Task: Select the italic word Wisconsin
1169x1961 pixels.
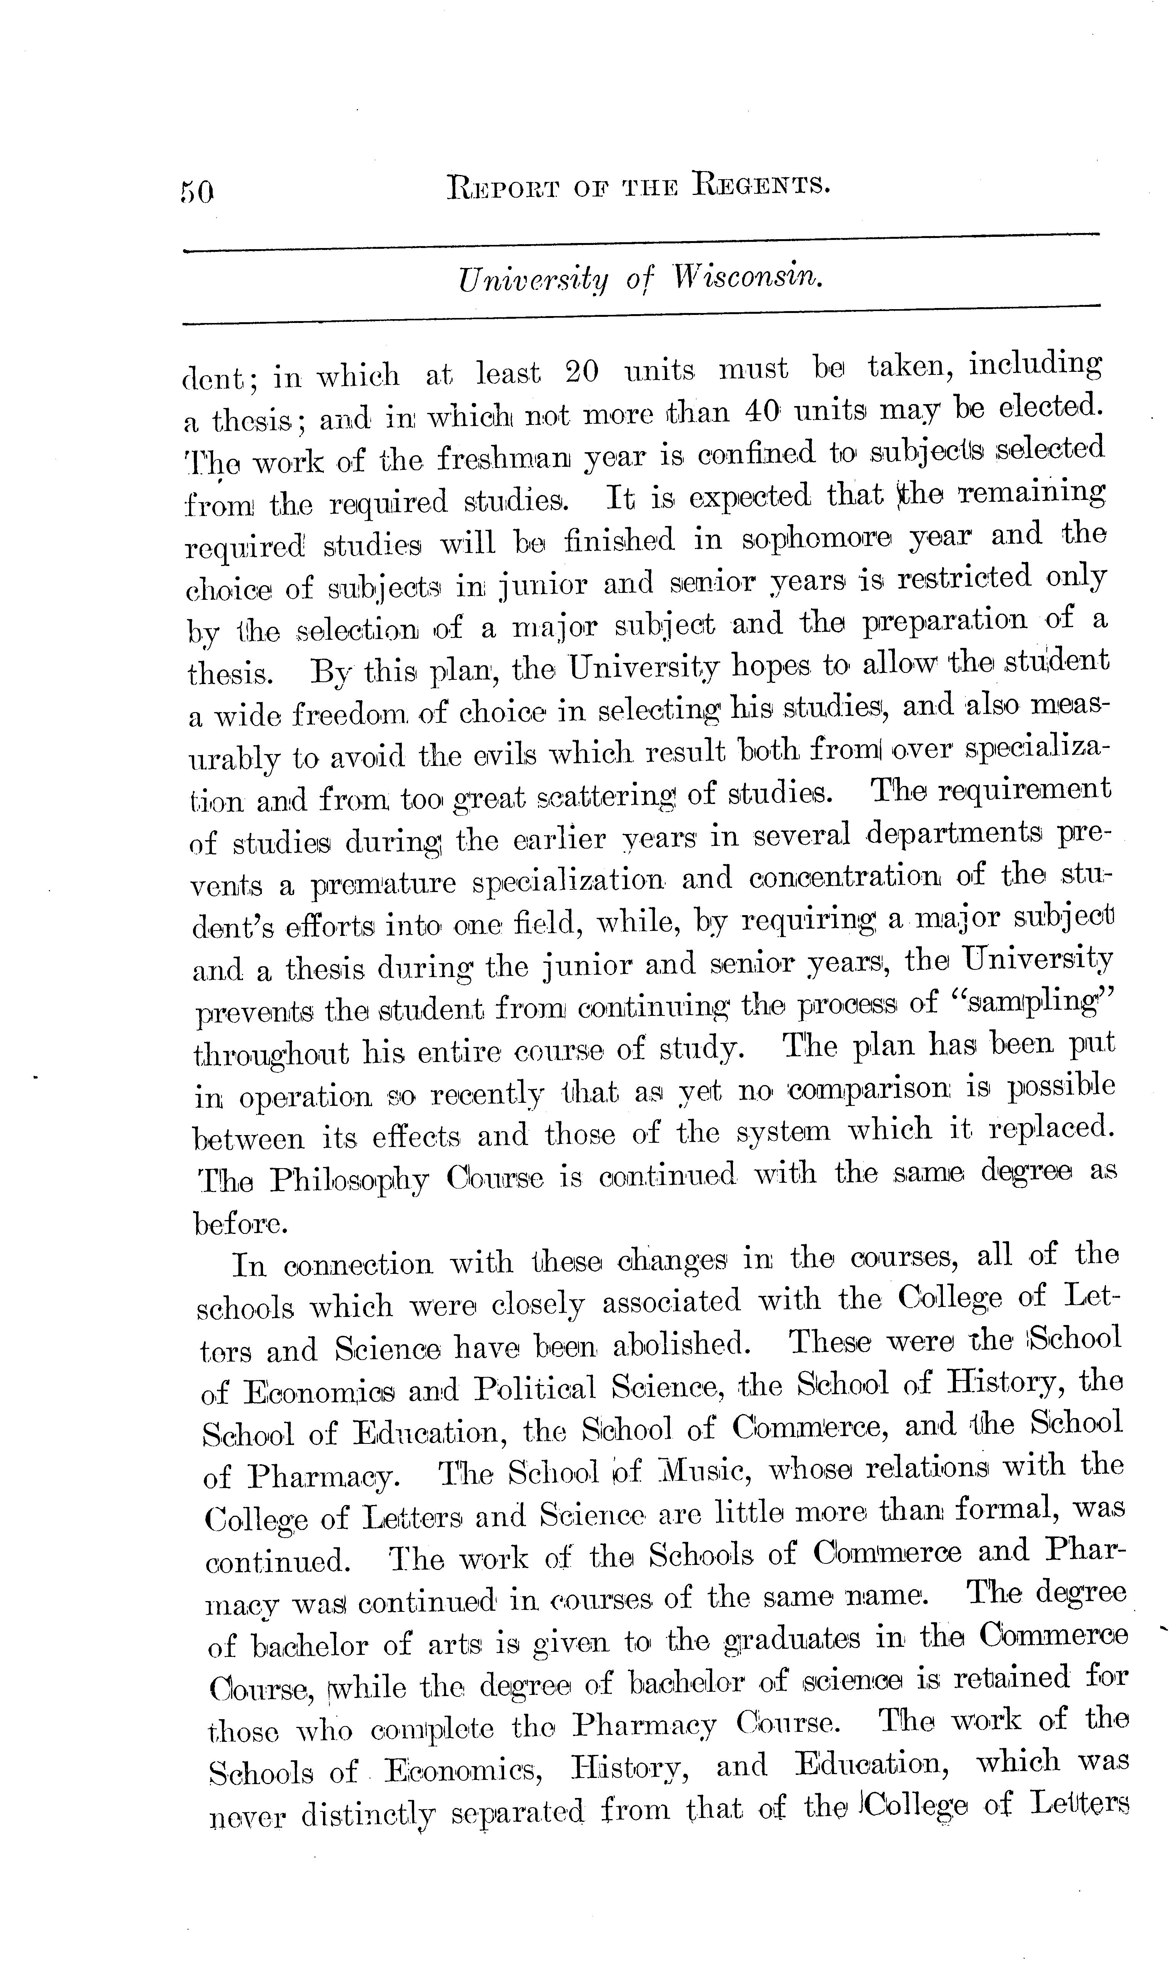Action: pos(748,277)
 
